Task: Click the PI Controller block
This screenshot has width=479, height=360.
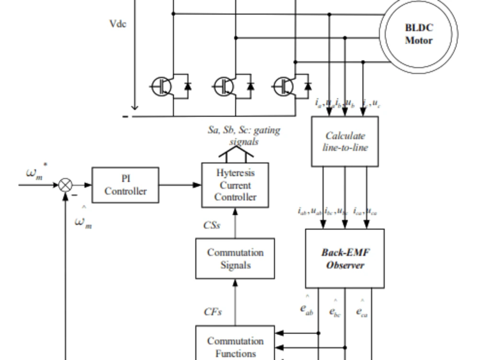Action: (x=125, y=185)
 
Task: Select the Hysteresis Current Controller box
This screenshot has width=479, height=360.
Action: (x=235, y=185)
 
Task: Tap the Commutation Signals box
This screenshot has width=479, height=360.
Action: (x=235, y=258)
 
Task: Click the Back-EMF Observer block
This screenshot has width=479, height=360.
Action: (x=345, y=258)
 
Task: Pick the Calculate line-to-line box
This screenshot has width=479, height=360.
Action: (x=345, y=141)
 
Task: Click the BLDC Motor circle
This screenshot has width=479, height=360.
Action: (x=419, y=34)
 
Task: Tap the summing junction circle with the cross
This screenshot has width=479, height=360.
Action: (x=66, y=185)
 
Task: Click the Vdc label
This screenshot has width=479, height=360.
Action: (x=117, y=23)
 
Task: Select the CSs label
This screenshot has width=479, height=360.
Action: (x=212, y=225)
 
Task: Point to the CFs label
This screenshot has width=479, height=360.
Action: (x=213, y=312)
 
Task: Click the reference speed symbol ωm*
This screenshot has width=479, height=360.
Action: (x=36, y=173)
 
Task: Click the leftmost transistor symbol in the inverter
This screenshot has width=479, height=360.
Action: (x=162, y=86)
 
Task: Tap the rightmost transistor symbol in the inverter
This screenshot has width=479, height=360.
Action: (x=284, y=86)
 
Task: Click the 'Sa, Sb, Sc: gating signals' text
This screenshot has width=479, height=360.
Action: (x=244, y=136)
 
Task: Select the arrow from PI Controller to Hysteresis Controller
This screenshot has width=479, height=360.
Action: (x=180, y=185)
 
